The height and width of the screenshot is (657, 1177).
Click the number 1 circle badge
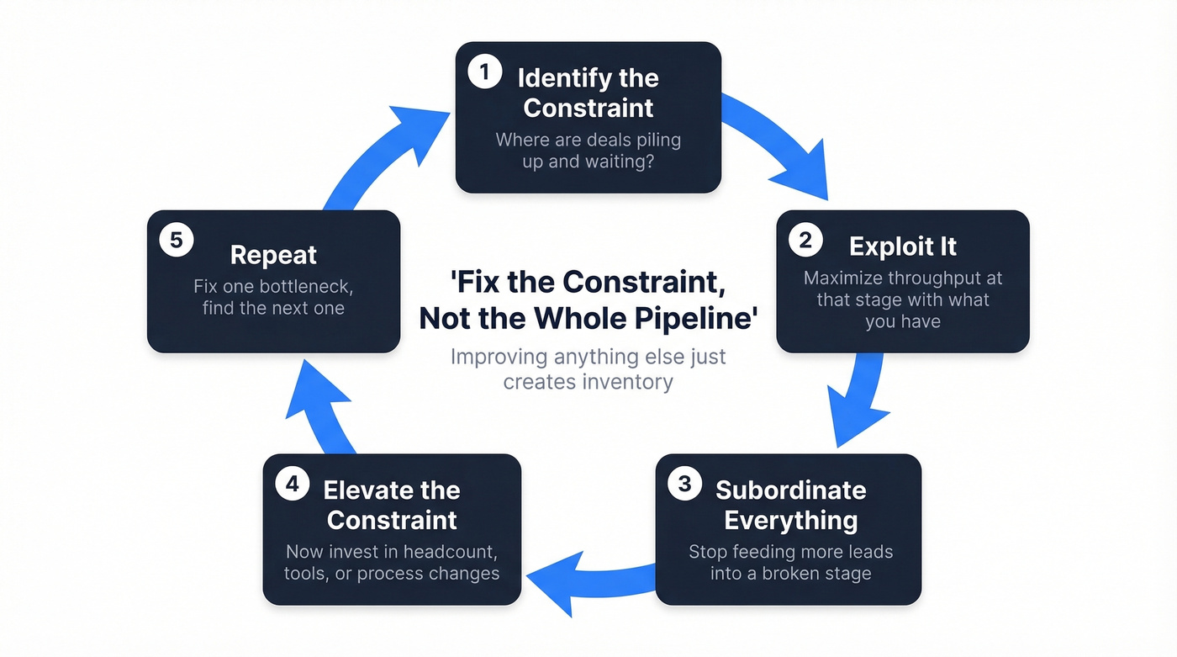click(483, 72)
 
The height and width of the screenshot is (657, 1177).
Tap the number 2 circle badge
click(805, 241)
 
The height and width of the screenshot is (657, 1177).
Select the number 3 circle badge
click(684, 485)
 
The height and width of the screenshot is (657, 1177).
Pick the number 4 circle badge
click(292, 485)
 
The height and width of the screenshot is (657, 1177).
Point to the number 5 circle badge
click(177, 241)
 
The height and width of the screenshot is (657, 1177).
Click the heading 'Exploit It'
click(903, 246)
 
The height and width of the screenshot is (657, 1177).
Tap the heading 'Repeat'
click(273, 255)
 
